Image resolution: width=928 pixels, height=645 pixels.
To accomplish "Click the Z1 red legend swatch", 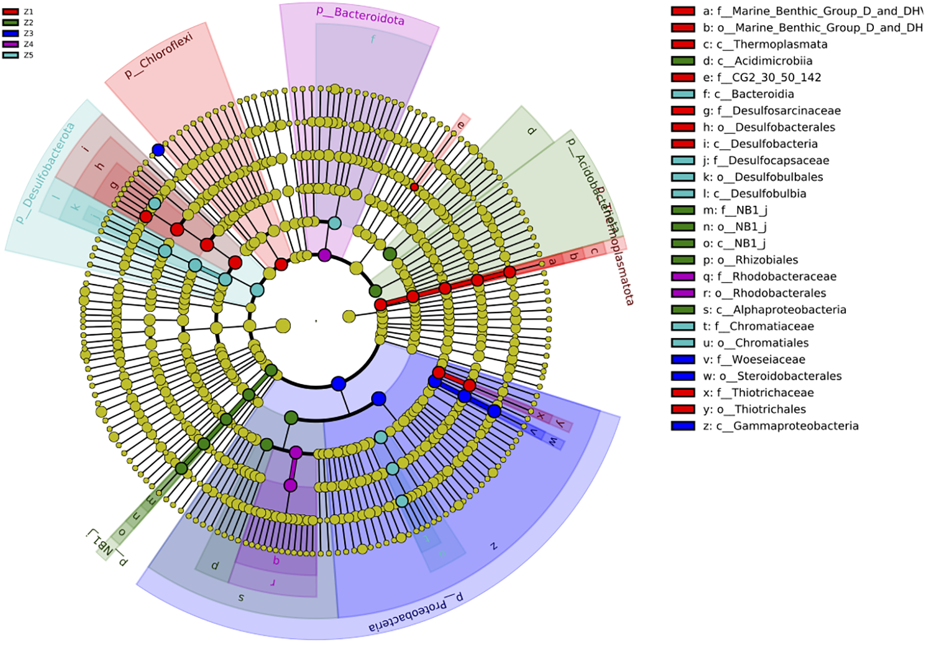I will (x=11, y=12).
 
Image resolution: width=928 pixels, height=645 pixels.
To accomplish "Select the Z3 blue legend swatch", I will (x=11, y=34).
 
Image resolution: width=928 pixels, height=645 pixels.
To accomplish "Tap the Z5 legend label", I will (x=29, y=55).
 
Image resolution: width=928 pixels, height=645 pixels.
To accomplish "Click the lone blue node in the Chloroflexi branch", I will (x=158, y=150).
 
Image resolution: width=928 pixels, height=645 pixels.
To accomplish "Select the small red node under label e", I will (x=414, y=187).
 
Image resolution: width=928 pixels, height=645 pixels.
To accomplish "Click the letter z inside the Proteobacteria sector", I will (x=493, y=546).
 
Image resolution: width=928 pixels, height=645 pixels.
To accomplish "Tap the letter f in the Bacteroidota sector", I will (x=373, y=39).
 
